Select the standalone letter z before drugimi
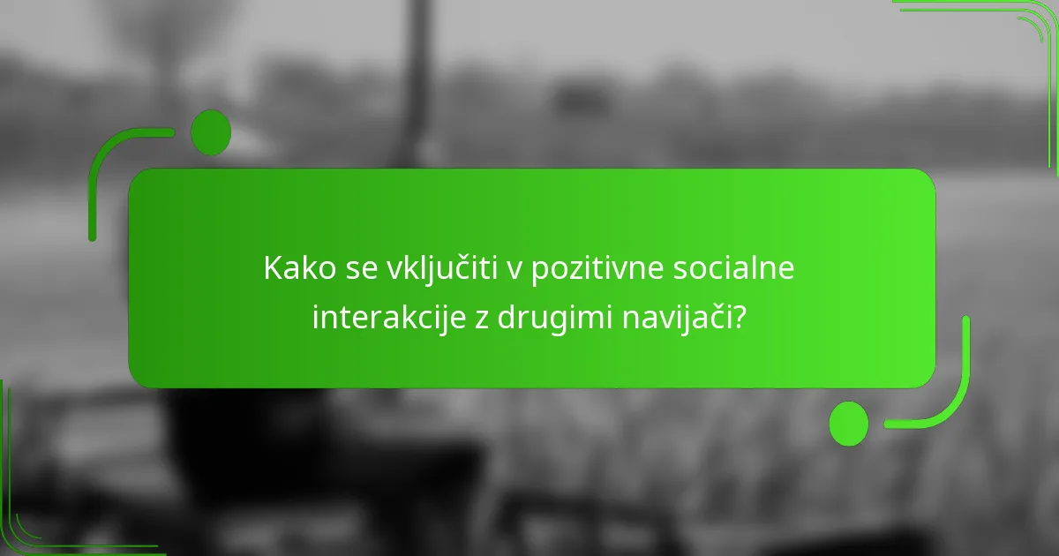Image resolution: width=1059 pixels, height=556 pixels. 482,319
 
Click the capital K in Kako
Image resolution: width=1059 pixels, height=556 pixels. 271,269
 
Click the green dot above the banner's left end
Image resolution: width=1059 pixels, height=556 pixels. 211,132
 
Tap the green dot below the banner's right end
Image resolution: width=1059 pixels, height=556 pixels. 848,424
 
